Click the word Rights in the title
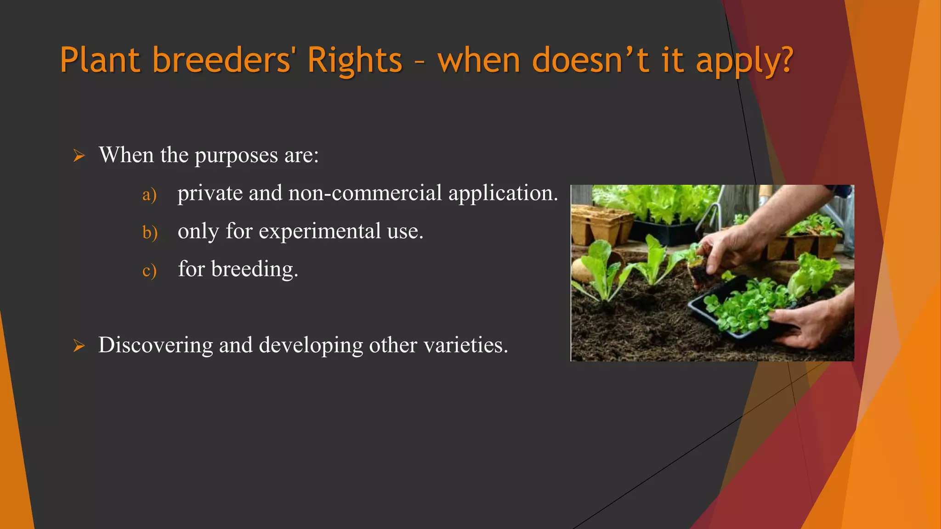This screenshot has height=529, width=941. tap(355, 60)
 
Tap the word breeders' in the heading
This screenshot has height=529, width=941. tap(221, 60)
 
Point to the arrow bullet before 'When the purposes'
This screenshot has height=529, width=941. tap(79, 156)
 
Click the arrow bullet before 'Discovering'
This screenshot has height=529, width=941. tap(79, 346)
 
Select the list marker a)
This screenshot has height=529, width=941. tap(149, 195)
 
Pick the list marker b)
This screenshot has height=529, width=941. tap(150, 232)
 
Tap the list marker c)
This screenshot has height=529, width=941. tap(149, 270)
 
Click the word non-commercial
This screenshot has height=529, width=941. tap(365, 193)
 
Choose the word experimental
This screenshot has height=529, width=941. tap(320, 231)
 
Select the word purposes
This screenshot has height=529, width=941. tap(236, 155)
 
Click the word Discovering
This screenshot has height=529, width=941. tap(155, 345)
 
